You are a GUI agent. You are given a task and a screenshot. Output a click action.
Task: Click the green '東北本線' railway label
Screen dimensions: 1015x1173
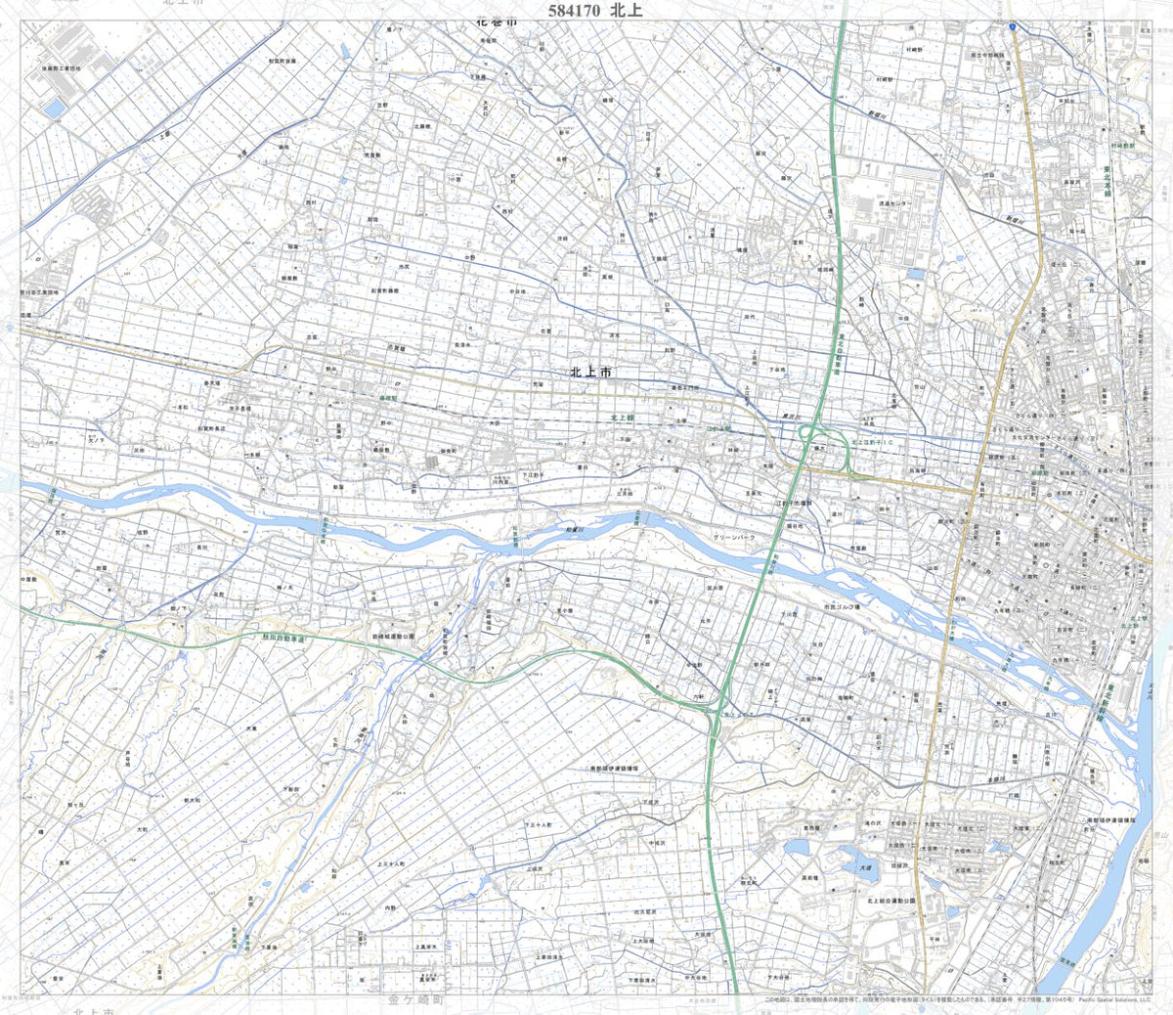pyautogui.click(x=1108, y=181)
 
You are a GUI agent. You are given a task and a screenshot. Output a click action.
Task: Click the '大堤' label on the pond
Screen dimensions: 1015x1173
pyautogui.click(x=864, y=865)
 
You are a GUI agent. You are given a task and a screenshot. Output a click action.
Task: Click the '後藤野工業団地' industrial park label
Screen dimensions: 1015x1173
pyautogui.click(x=61, y=69)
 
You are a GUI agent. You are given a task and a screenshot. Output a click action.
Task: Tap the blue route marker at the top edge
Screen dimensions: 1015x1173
pyautogui.click(x=1013, y=26)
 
